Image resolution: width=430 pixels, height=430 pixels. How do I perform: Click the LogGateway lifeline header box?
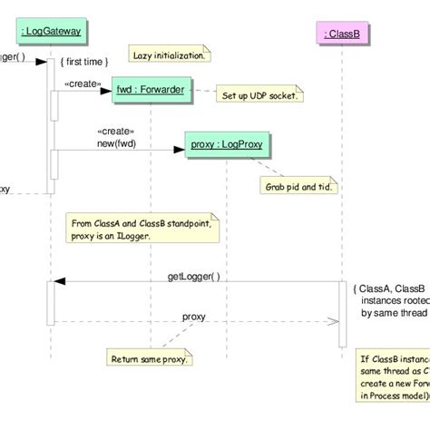(x=51, y=32)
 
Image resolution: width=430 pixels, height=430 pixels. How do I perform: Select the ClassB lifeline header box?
(x=342, y=34)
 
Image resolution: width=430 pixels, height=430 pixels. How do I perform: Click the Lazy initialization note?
(x=169, y=55)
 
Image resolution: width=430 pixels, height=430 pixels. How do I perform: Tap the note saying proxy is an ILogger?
(x=143, y=230)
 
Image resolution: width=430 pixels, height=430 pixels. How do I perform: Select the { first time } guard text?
(x=84, y=61)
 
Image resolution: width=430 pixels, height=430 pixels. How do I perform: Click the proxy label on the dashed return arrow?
(x=193, y=317)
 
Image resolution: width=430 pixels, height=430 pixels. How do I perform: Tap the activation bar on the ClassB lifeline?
(x=342, y=313)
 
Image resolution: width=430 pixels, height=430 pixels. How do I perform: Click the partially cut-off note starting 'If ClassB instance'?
(x=393, y=376)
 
